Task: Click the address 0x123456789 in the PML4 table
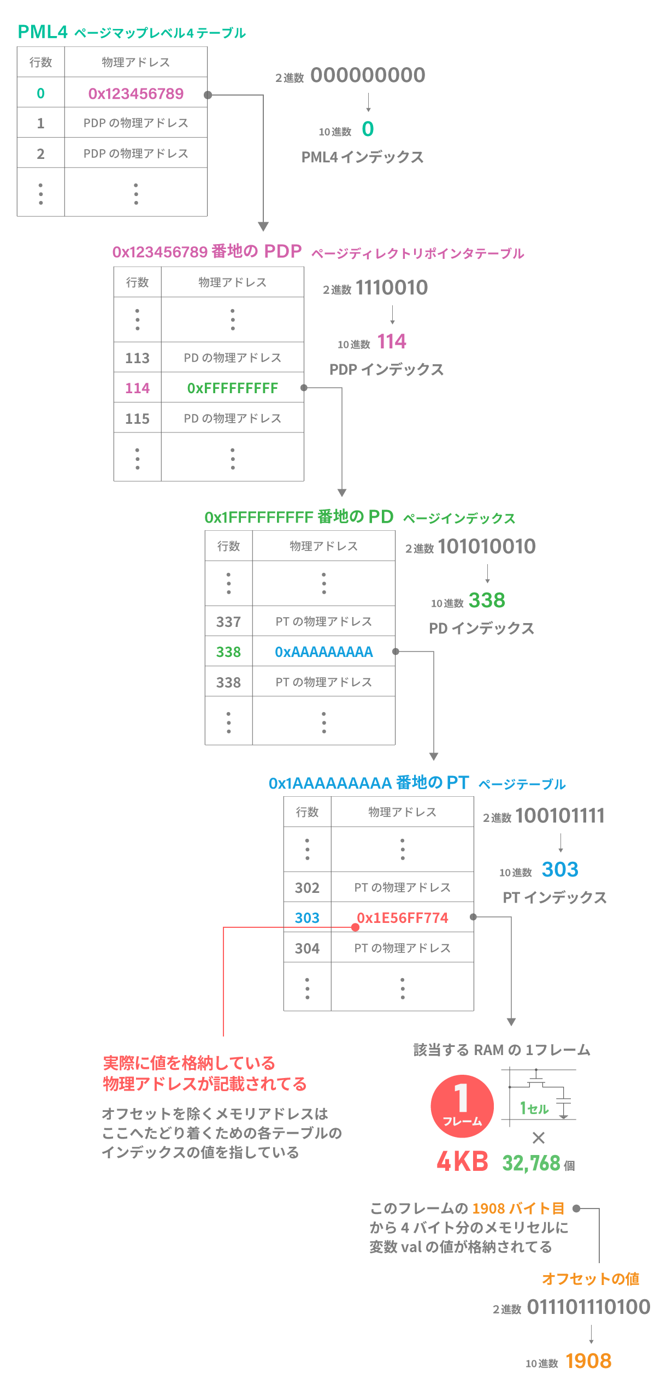tap(135, 94)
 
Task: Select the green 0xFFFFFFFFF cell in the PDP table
tap(233, 388)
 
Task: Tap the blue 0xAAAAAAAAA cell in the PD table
tap(324, 652)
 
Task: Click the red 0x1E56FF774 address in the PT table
tap(403, 918)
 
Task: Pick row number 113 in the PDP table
tap(137, 358)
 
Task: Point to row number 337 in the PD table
tap(228, 622)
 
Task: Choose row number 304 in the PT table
tap(307, 949)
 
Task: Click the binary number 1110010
tap(392, 288)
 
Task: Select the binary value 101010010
tap(487, 547)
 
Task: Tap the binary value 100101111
tap(560, 816)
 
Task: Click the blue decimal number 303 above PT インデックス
tap(560, 869)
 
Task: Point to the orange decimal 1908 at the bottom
tap(588, 1361)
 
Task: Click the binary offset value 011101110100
tap(588, 1307)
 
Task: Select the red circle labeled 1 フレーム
tap(462, 1106)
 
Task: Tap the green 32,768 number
tap(531, 1163)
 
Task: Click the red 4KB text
tap(462, 1162)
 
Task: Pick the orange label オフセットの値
tap(591, 1279)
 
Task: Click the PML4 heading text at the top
tap(43, 32)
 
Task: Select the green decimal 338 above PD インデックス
tap(487, 600)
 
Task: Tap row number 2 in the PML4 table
tap(40, 154)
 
